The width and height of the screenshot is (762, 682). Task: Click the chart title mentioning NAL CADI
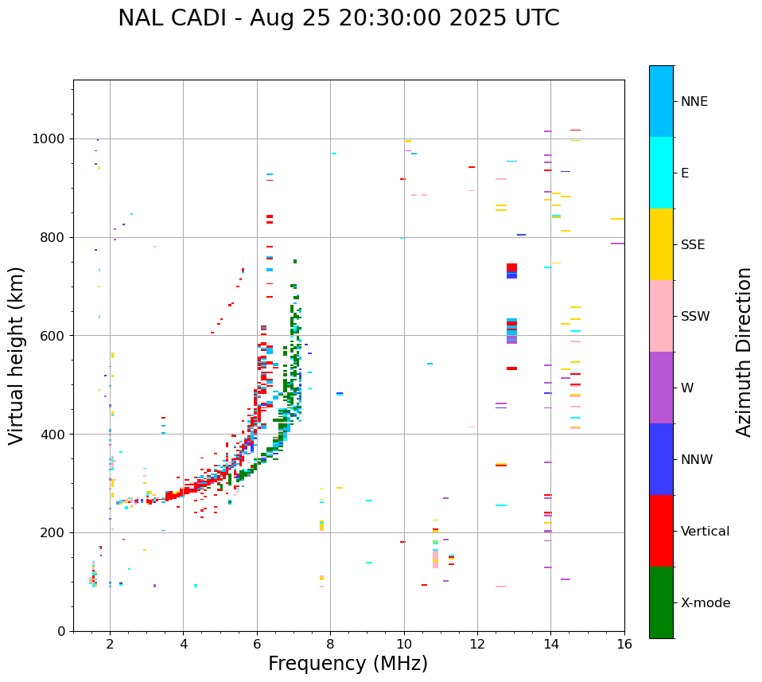tap(338, 18)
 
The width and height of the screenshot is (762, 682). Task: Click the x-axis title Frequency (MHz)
tap(348, 664)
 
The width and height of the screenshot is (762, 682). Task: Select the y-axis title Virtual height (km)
tap(17, 355)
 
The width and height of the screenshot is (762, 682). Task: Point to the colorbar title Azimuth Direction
tap(744, 352)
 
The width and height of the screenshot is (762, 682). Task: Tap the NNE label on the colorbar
tap(694, 102)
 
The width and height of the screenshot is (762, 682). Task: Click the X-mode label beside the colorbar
tap(705, 603)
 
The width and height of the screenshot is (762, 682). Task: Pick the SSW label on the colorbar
tap(695, 317)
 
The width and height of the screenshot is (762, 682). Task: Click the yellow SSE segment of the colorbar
tap(661, 244)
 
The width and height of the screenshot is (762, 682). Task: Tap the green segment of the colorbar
tap(661, 602)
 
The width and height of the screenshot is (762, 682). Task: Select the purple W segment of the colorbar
tap(661, 388)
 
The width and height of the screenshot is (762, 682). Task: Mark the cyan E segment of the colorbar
tap(661, 172)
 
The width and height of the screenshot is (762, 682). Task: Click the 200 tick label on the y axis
tap(56, 533)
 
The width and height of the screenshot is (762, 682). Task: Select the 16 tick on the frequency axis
tap(624, 644)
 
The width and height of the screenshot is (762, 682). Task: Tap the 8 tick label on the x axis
tap(330, 644)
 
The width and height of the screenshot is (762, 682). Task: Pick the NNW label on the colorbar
tap(696, 460)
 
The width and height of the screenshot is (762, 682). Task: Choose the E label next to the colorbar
tap(685, 173)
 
